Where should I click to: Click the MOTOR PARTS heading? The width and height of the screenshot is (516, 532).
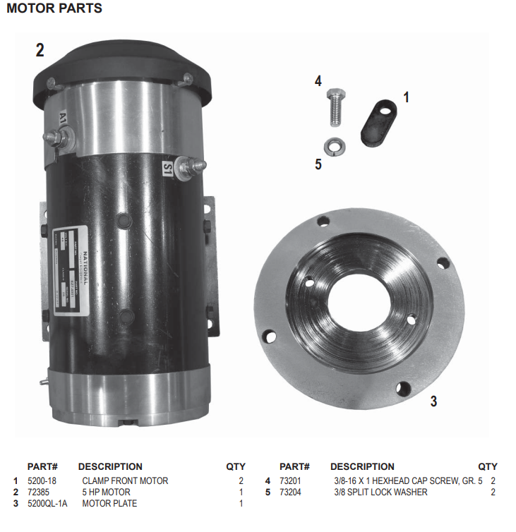[x=54, y=8]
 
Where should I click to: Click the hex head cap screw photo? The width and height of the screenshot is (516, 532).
[x=335, y=107]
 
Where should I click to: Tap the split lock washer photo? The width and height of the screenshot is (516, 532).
[x=333, y=146]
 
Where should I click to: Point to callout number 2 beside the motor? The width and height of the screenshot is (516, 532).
[x=40, y=50]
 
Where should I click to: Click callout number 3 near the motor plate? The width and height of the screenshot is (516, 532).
[x=433, y=401]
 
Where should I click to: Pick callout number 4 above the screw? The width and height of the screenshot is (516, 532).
[x=318, y=81]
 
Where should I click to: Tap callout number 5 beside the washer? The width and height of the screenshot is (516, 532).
[x=318, y=164]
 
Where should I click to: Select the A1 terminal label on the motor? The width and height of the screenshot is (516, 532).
[x=63, y=117]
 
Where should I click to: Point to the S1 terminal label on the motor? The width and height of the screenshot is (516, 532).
[x=168, y=169]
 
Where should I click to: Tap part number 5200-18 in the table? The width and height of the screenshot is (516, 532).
[x=42, y=480]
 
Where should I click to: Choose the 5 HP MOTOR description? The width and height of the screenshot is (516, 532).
[x=107, y=492]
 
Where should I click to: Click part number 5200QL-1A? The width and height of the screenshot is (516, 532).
[x=47, y=503]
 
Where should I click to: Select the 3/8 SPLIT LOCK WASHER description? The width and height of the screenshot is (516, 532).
[x=380, y=492]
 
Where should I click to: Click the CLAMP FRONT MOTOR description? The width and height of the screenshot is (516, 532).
[x=125, y=480]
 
